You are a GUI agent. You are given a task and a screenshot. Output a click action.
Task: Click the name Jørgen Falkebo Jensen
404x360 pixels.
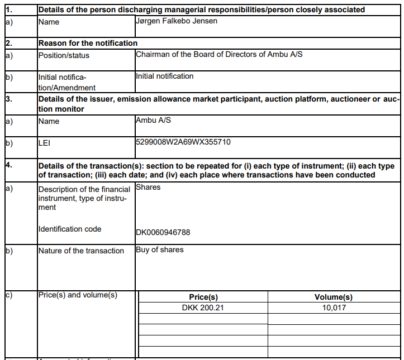tap(177, 21)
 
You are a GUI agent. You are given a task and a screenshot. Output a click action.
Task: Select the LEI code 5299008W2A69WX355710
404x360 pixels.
tap(183, 142)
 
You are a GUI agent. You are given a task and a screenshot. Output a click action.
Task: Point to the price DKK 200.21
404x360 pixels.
tap(203, 308)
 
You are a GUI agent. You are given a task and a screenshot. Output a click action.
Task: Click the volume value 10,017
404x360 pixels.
tap(334, 308)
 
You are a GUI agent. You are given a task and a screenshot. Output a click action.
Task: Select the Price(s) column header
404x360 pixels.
tap(203, 297)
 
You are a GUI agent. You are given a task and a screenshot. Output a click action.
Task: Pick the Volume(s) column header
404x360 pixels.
tap(334, 297)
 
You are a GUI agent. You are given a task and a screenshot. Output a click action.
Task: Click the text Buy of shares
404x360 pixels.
tap(160, 249)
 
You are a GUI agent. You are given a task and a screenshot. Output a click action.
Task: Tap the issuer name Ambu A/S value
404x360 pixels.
tap(153, 120)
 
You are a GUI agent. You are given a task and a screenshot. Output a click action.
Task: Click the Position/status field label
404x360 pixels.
tap(64, 55)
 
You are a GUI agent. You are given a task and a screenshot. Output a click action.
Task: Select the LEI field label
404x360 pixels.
tap(45, 143)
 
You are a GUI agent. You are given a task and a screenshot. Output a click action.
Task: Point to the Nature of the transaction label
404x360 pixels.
tap(81, 251)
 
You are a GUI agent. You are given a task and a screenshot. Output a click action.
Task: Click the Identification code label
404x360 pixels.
tap(70, 229)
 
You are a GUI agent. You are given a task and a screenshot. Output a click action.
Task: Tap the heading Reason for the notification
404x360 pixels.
tap(88, 43)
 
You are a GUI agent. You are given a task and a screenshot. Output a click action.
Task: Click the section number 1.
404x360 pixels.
tap(8, 9)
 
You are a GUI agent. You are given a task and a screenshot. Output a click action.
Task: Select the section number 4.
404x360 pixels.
tap(8, 166)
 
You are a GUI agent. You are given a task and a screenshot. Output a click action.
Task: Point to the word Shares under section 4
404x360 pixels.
tap(148, 187)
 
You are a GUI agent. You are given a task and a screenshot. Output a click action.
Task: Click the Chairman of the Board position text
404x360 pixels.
tap(220, 54)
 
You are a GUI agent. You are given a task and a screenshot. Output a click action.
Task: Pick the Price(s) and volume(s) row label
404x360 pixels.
tap(78, 295)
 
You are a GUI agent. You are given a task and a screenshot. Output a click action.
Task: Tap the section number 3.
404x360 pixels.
tap(8, 99)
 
